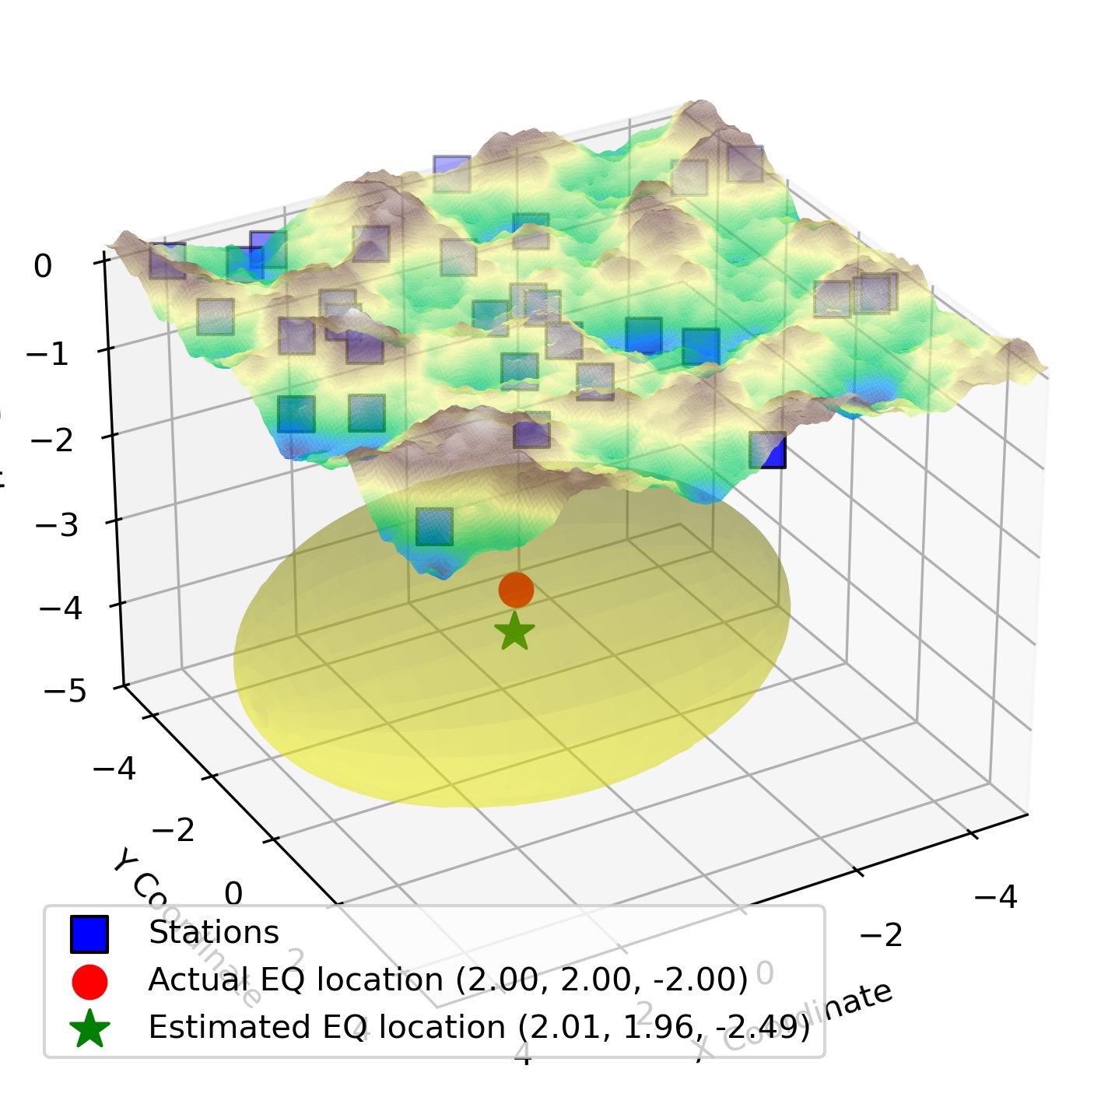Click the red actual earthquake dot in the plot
pyautogui.click(x=516, y=590)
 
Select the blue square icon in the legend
pyautogui.click(x=89, y=934)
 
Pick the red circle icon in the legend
pyautogui.click(x=89, y=981)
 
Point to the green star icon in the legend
pyautogui.click(x=89, y=1029)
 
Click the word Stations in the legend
pyautogui.click(x=213, y=933)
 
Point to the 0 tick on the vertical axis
pyautogui.click(x=43, y=267)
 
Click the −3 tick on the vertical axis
pyautogui.click(x=57, y=525)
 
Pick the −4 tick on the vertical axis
pyautogui.click(x=61, y=608)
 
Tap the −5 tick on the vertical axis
pyautogui.click(x=65, y=690)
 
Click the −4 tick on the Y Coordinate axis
pyautogui.click(x=114, y=769)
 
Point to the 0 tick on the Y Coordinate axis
pyautogui.click(x=233, y=894)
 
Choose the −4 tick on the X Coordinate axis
pyautogui.click(x=995, y=897)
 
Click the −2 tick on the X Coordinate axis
pyautogui.click(x=881, y=934)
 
